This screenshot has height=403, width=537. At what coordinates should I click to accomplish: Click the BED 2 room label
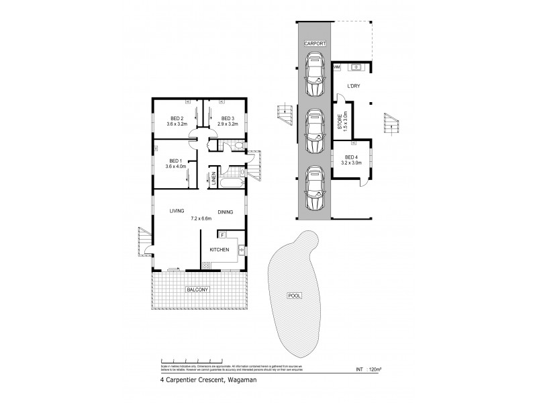click(177, 118)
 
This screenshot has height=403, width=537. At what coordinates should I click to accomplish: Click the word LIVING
click(177, 212)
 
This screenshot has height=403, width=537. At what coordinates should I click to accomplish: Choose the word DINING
click(225, 212)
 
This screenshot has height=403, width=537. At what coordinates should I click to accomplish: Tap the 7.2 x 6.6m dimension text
click(201, 218)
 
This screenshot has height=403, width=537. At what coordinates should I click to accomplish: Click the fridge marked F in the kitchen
click(222, 235)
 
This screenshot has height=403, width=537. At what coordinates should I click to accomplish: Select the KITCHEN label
click(219, 250)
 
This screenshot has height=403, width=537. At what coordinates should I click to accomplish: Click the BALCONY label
click(199, 289)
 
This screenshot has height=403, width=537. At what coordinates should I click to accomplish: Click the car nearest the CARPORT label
click(315, 75)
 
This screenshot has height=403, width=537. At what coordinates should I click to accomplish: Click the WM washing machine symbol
click(337, 67)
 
